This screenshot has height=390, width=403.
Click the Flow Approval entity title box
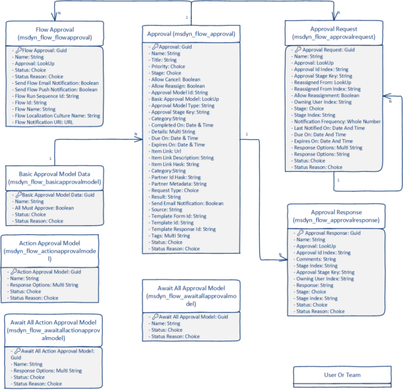point(54,33)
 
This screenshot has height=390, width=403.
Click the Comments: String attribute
point(317,258)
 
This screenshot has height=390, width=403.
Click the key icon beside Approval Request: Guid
point(297,51)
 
